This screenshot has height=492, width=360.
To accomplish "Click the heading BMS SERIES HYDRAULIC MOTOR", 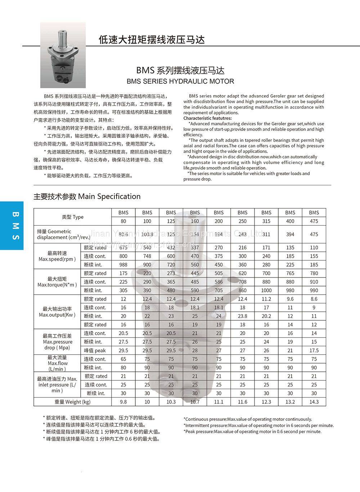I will (x=180, y=81).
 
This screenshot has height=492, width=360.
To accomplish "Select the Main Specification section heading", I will (x=87, y=197).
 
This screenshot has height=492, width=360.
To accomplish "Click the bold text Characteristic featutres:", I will (x=208, y=118).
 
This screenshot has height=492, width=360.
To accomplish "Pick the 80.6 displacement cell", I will (x=123, y=234).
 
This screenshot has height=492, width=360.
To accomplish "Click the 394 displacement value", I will (x=290, y=234).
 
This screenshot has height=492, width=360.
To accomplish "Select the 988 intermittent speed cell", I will (x=123, y=265).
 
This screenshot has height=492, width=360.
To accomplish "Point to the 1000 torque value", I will (x=266, y=290).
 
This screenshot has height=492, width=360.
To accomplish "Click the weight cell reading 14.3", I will (x=314, y=402).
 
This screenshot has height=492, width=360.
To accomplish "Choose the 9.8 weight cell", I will (x=123, y=402).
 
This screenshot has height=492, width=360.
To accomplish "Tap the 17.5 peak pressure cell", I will (x=314, y=350).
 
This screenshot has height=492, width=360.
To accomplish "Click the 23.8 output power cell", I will (x=243, y=316).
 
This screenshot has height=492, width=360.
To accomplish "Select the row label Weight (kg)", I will (x=73, y=402).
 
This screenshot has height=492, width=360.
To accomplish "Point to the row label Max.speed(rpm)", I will (x=57, y=256).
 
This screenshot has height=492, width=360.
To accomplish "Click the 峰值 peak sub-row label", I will (x=95, y=350).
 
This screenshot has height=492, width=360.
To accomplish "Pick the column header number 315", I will (x=266, y=221).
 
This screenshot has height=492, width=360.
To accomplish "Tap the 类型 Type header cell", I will (x=73, y=217).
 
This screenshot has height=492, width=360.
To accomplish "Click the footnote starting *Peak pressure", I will (x=252, y=431).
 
